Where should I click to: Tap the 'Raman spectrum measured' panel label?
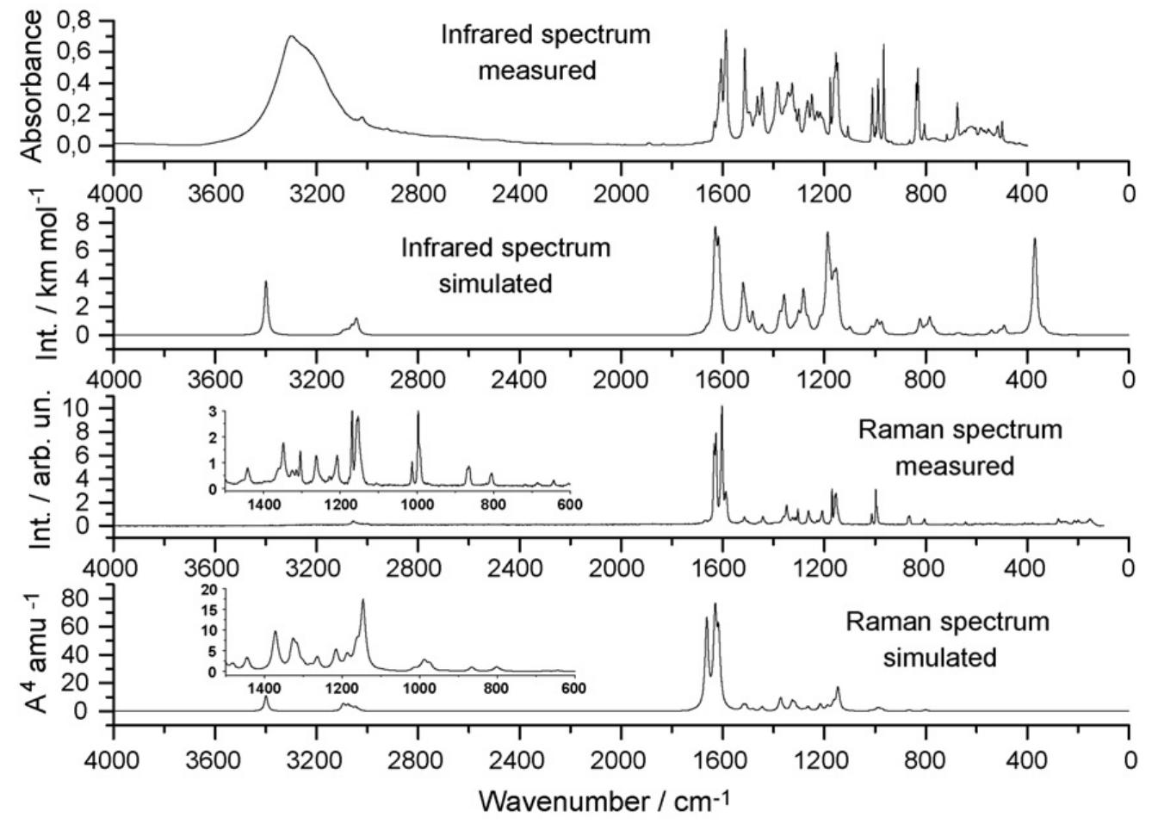959,448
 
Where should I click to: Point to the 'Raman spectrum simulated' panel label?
946,639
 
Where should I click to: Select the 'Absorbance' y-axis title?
30,86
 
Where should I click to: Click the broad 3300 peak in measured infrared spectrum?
291,37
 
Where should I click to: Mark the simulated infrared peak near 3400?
266,282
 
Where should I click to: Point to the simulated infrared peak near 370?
1035,240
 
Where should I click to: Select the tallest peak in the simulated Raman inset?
362,600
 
